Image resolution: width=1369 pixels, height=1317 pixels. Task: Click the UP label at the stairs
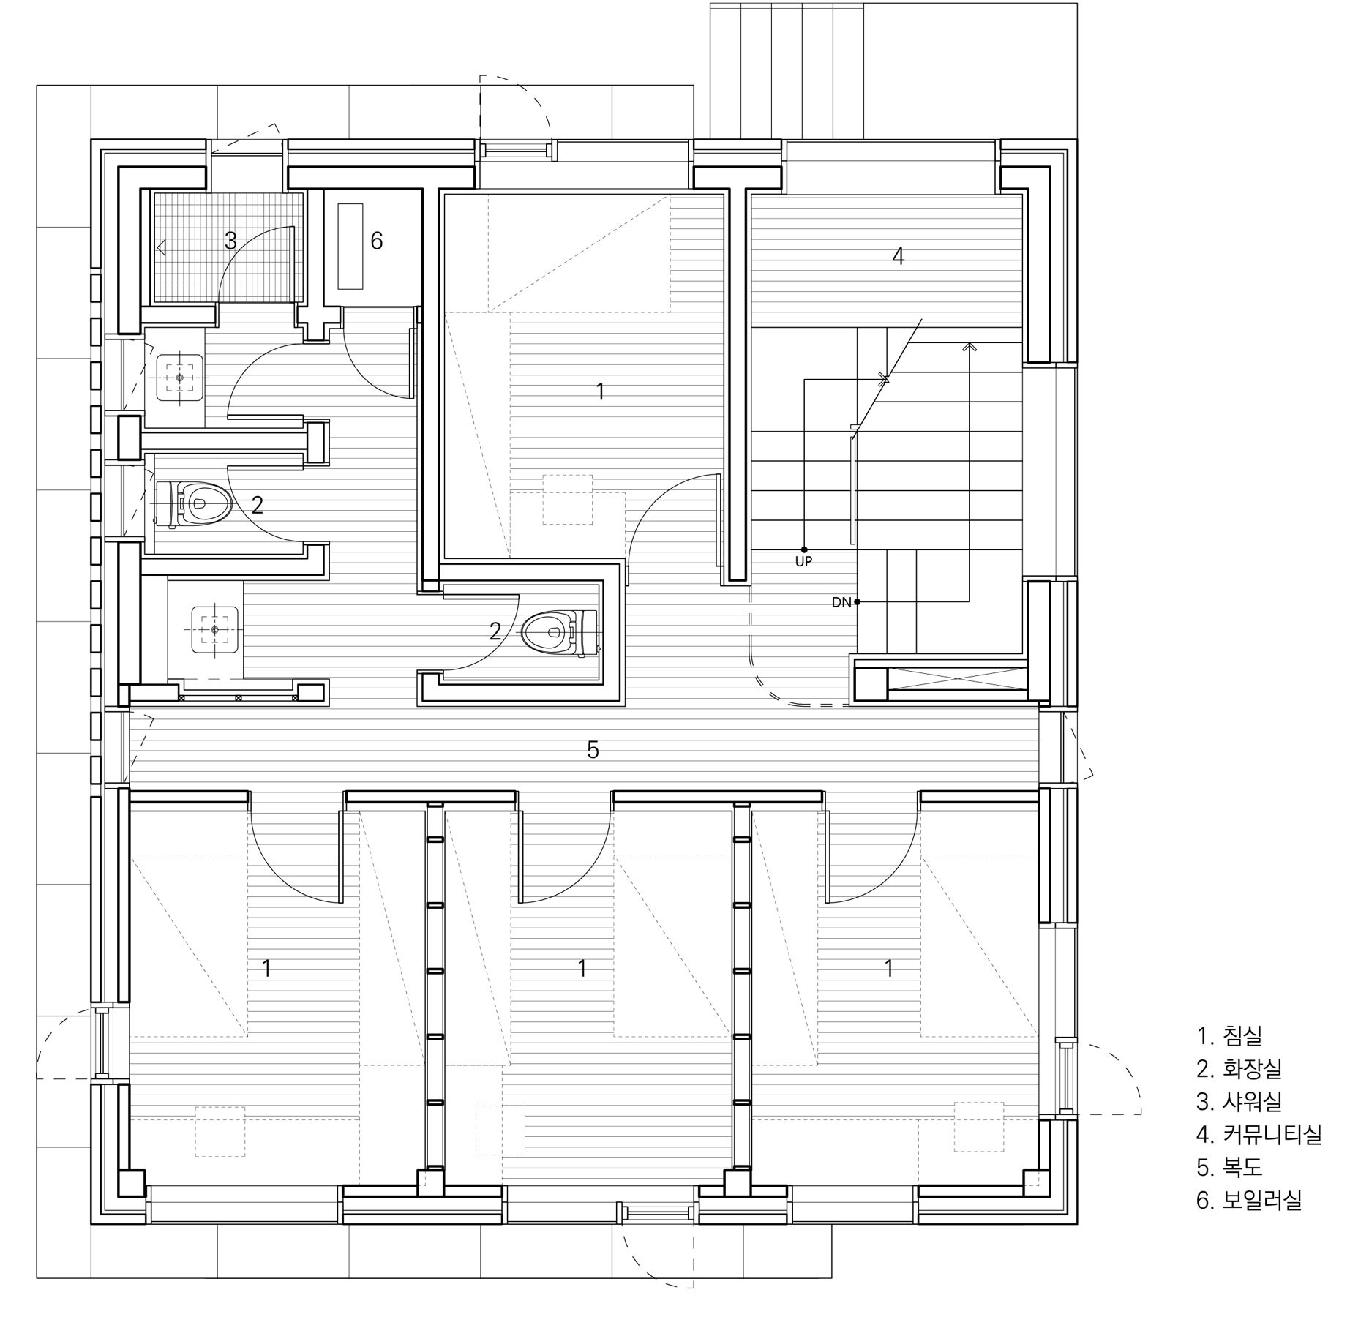click(x=803, y=562)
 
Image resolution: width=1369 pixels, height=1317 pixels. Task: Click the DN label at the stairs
click(x=841, y=602)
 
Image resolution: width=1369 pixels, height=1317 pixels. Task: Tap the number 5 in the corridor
click(x=593, y=749)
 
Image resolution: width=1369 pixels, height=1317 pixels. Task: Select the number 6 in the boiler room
click(x=377, y=241)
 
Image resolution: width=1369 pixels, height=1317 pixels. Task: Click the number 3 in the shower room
click(x=230, y=241)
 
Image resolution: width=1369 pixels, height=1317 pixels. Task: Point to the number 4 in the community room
click(x=898, y=256)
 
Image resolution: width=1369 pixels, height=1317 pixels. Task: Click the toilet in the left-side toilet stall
click(x=194, y=503)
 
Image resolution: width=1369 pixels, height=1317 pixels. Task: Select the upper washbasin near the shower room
click(x=180, y=378)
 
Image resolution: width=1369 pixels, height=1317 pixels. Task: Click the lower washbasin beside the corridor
click(x=215, y=629)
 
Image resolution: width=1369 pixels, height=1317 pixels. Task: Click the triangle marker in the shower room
click(x=162, y=249)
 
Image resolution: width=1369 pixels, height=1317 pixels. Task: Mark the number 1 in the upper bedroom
click(x=600, y=391)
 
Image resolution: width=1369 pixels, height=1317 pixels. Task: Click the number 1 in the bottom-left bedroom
click(x=267, y=969)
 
